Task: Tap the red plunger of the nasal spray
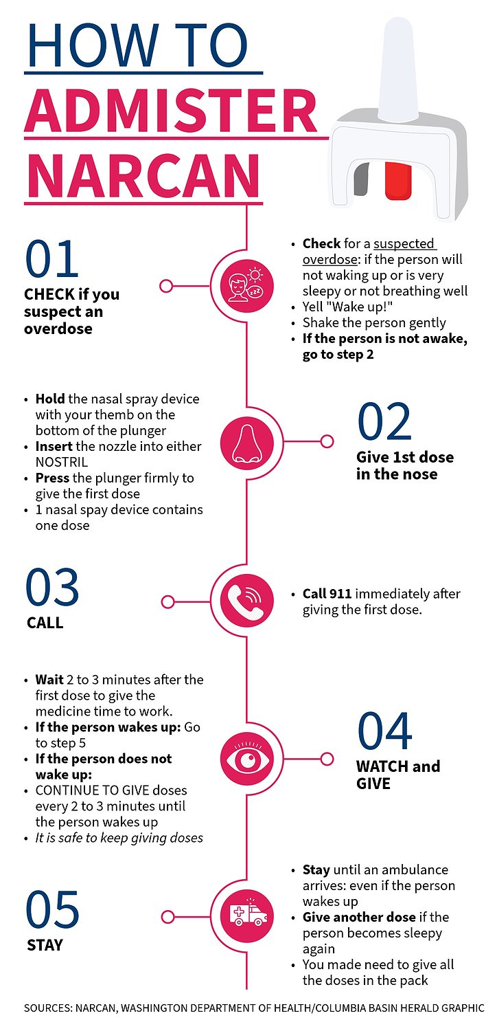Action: point(397,180)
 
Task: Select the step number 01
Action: point(52,260)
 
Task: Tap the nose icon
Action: point(246,441)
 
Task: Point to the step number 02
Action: point(384,422)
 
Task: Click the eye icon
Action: point(246,759)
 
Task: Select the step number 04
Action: point(384,731)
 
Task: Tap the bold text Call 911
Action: point(327,594)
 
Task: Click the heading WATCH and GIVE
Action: point(397,775)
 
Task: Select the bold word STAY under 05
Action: point(45,945)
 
